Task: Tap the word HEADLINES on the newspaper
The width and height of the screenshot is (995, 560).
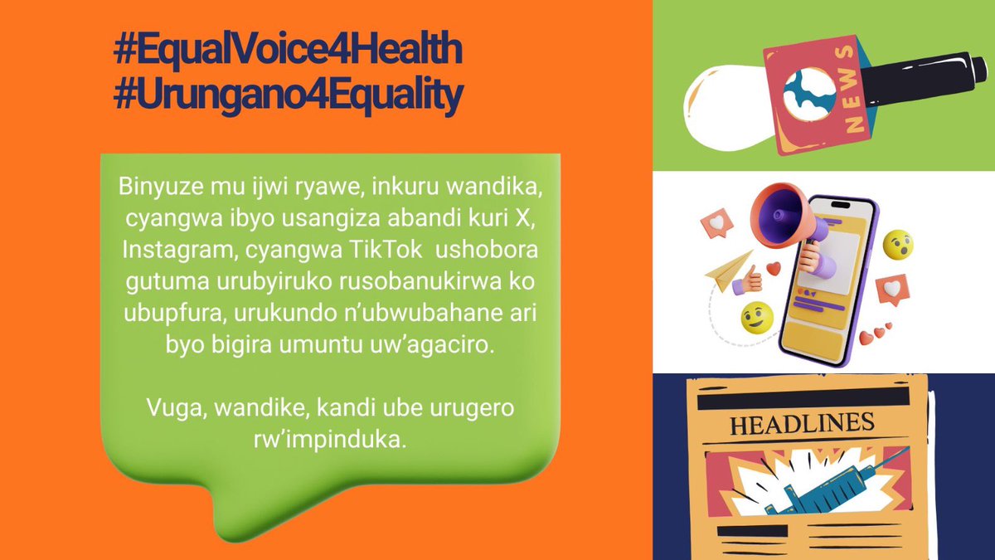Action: [801, 424]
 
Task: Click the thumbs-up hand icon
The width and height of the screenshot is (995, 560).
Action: [751, 280]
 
